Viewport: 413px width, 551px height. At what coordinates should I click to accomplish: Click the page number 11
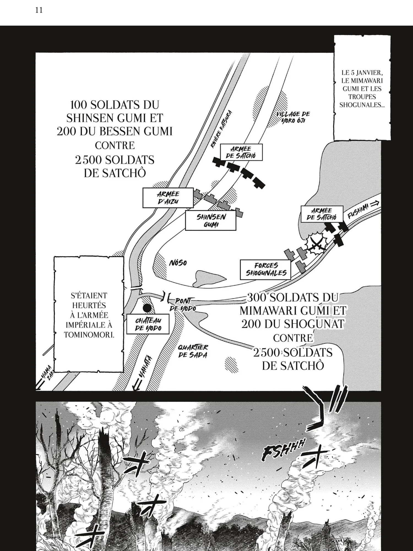pos(39,10)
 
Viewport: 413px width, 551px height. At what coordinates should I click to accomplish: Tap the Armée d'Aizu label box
pos(168,198)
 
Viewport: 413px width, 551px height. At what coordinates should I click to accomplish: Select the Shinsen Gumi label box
pos(211,220)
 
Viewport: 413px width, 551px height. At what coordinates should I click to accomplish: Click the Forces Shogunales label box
pos(265,269)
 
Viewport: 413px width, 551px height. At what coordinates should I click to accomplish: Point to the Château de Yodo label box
pos(148,324)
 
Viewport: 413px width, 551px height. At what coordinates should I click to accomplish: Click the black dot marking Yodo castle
pos(147,308)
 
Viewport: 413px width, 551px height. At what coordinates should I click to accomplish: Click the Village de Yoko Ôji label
pos(293,117)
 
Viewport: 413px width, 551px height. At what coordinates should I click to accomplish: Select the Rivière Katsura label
pos(221,129)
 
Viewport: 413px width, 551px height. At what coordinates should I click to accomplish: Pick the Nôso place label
pos(178,263)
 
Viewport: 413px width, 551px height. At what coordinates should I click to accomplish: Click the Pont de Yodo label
pos(183,304)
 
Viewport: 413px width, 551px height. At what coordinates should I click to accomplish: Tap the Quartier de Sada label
pos(193,351)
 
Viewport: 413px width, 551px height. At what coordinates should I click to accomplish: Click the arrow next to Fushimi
pos(375,204)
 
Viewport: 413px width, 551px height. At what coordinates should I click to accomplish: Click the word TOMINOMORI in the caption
pos(89,335)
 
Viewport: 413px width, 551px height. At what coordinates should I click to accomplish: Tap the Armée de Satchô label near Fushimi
pos(322,214)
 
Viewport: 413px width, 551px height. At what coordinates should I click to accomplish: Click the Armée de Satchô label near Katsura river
pos(241,152)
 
